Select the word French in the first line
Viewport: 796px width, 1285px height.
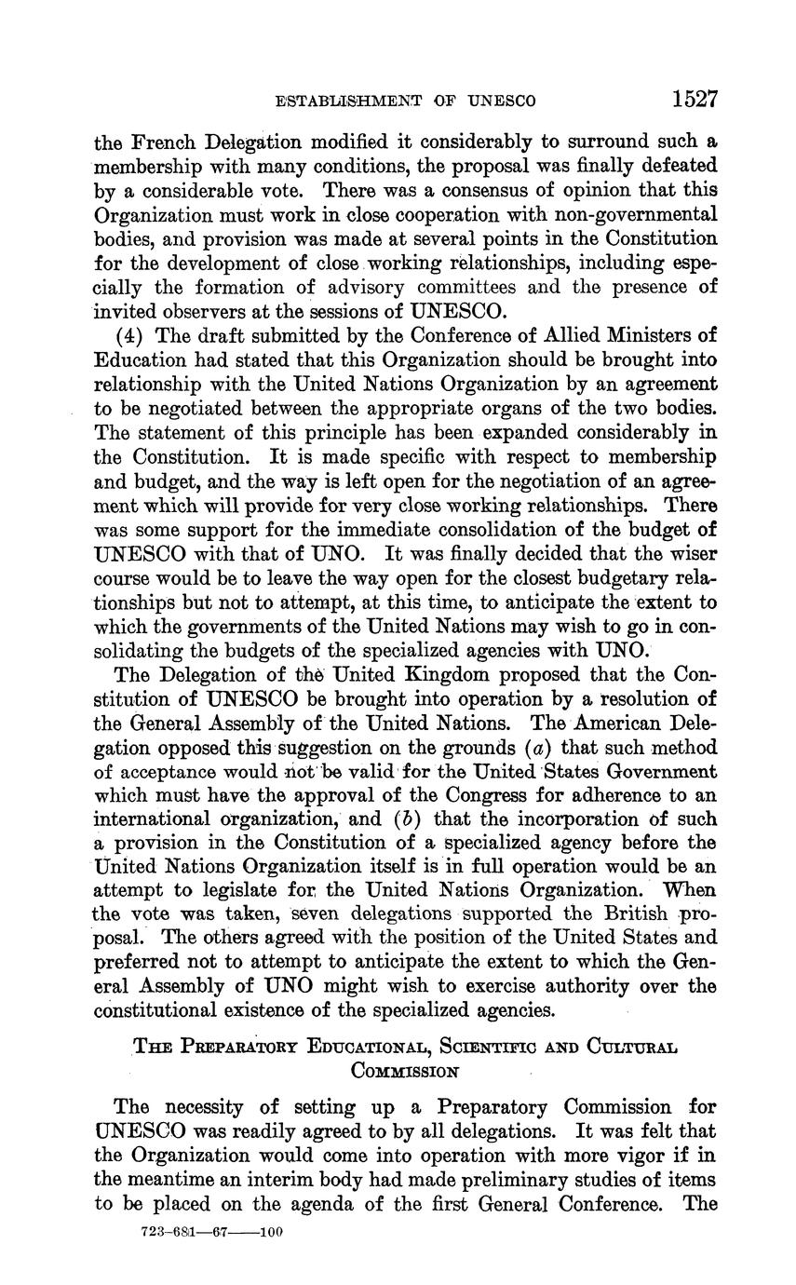point(164,142)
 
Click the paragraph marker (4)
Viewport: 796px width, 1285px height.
point(128,335)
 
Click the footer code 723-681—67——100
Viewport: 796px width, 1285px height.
point(210,1231)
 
